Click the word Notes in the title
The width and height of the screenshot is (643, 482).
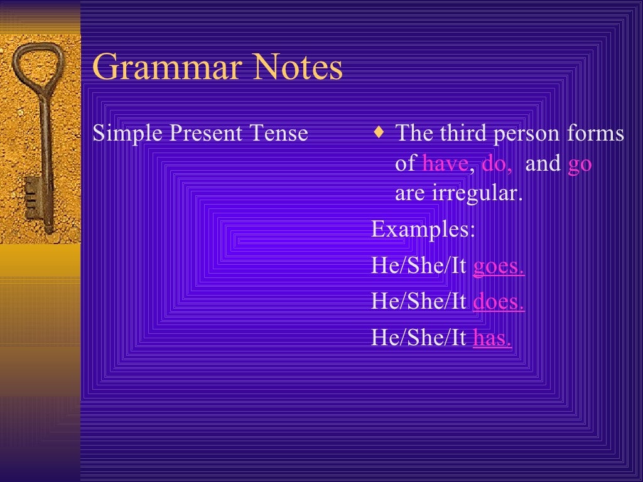(x=298, y=68)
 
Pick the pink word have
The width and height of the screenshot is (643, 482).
(x=445, y=164)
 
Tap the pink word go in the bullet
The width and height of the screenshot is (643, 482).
(x=580, y=164)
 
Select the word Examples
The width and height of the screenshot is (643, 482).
(x=423, y=230)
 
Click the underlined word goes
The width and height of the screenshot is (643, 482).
(x=499, y=267)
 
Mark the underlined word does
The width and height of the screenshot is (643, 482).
(x=499, y=302)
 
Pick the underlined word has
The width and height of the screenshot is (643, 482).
(x=492, y=338)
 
